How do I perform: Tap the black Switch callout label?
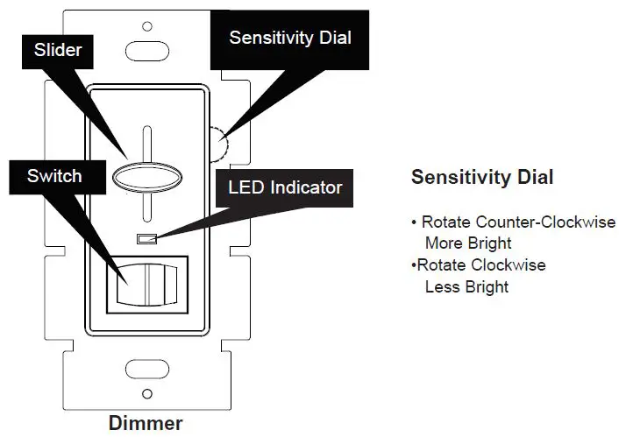[54, 176]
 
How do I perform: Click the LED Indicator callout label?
[285, 187]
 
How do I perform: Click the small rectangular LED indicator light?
[146, 238]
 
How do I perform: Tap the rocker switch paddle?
[146, 285]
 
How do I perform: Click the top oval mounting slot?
[146, 48]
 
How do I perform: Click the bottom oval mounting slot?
[146, 366]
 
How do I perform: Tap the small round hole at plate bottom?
[146, 394]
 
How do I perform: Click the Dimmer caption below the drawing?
[146, 423]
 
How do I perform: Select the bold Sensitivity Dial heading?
[481, 177]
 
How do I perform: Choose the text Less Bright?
[466, 286]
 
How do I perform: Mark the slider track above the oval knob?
[146, 144]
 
